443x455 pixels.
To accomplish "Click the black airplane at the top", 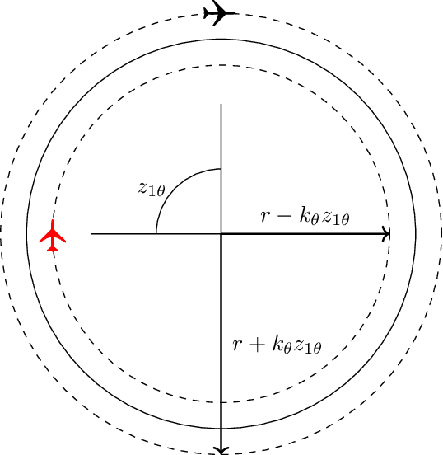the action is [x=219, y=13].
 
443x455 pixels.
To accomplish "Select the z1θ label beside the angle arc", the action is [x=152, y=190].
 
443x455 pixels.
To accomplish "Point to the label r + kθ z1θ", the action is [x=275, y=346].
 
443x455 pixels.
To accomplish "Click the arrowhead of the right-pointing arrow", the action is [x=387, y=234].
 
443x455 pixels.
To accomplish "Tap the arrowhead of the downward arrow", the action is [x=221, y=450].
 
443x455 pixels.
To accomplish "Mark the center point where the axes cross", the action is [x=221, y=234].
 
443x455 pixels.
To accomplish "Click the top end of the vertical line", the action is [x=221, y=105].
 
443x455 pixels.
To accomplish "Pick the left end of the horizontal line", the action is [x=91, y=234].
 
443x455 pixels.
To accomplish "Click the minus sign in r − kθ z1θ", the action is [x=274, y=217].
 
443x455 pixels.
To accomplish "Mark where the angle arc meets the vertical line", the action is [x=221, y=169].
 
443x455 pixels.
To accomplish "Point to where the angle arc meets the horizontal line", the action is [x=156, y=234].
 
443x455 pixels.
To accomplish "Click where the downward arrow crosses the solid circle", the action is [x=221, y=429].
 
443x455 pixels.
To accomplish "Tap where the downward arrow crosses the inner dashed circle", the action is [x=221, y=403].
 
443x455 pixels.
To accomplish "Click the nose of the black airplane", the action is [x=235, y=13].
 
